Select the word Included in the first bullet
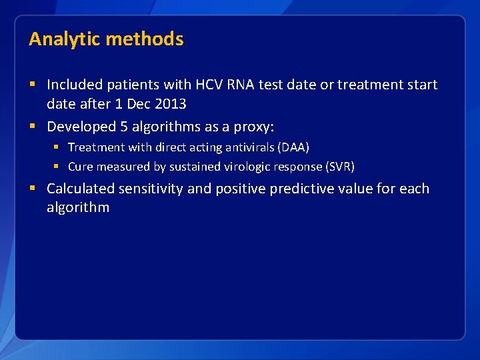coord(75,85)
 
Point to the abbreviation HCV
coord(211,85)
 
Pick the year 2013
coord(170,103)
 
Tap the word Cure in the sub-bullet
coord(80,167)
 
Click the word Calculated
coord(81,189)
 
